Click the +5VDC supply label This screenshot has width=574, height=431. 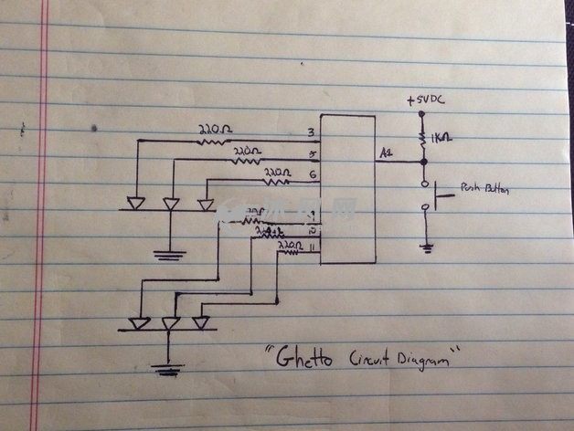click(426, 100)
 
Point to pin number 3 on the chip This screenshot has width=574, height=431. click(312, 135)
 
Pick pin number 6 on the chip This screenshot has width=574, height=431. click(313, 174)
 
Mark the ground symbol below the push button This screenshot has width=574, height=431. click(426, 247)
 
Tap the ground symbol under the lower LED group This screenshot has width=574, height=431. click(165, 369)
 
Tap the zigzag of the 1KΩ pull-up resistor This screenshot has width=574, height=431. click(424, 140)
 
